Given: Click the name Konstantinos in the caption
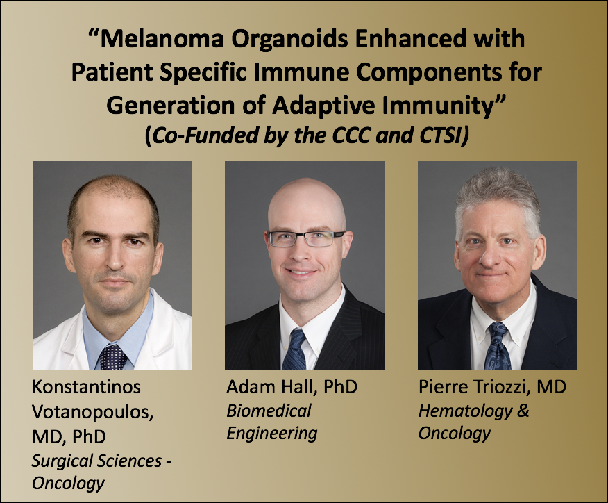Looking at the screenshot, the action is coord(87,387).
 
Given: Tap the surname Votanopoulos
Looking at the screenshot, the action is coord(93,412).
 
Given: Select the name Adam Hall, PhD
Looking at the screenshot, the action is coord(292,387).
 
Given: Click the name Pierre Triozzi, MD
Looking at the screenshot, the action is coord(492,387).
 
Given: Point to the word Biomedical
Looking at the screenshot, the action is coord(269,411).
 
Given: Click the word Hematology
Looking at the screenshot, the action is coord(465,411).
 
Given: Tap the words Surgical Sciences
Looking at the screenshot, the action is coord(97,461).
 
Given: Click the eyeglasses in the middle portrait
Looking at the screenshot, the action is coord(305,238).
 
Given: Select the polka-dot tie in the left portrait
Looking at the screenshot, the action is coord(113,357).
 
